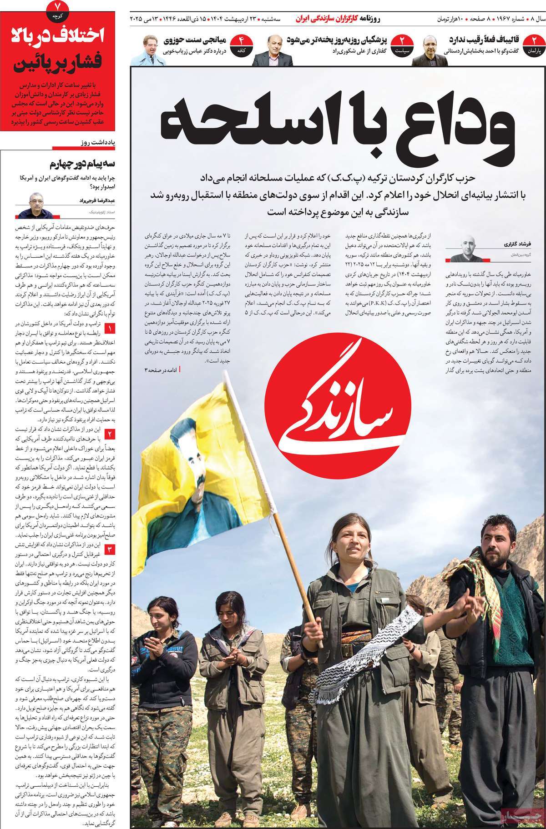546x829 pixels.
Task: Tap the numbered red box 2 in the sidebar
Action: (x=111, y=433)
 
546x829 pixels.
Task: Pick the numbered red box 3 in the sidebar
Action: (x=111, y=549)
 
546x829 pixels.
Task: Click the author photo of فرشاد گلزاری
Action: (x=463, y=249)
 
